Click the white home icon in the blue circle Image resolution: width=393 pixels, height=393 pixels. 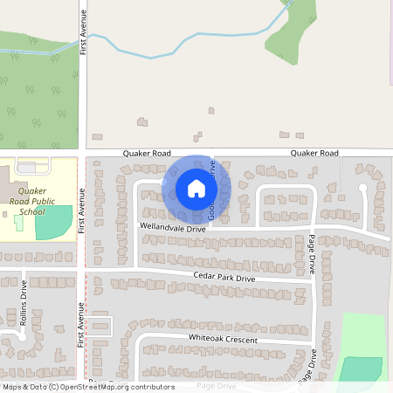coord(196,189)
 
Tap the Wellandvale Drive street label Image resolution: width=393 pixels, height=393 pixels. coord(173,227)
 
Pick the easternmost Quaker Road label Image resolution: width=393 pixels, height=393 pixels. coord(314,153)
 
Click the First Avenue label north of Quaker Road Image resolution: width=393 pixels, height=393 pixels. coord(84,33)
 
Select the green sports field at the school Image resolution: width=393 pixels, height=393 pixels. coord(53,224)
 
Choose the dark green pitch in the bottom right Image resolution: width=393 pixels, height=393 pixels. coord(359,369)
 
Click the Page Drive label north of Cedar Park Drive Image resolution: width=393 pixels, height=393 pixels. coord(312,254)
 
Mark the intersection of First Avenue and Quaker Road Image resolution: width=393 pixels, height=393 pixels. coord(84,153)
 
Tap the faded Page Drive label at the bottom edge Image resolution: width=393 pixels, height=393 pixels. coord(217,385)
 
